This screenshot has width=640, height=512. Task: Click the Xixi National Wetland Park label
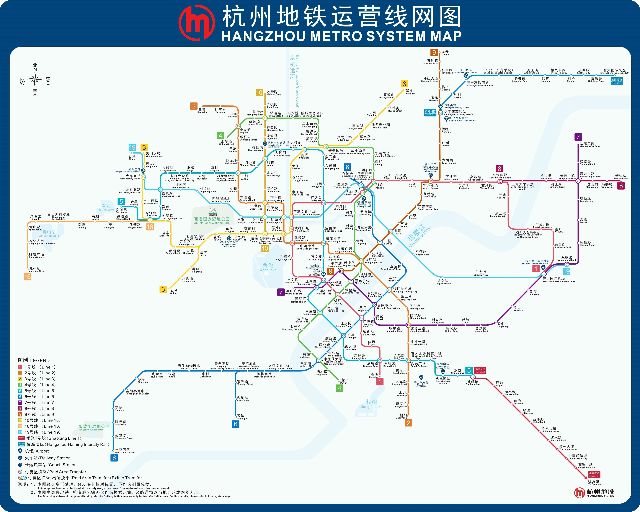pos(212,221)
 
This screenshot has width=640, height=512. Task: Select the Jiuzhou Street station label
pos(37,269)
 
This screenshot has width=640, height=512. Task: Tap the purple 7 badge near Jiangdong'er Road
pos(578,137)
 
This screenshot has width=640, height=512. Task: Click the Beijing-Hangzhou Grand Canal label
pos(294,80)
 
